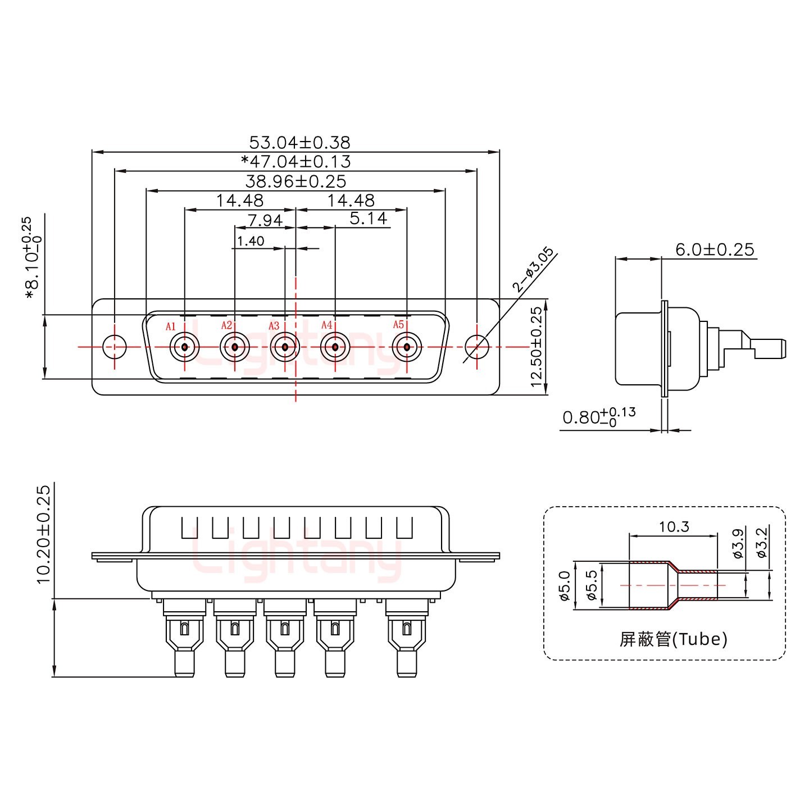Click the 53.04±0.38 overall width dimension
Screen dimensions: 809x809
click(x=299, y=142)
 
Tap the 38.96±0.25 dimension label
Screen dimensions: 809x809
click(x=296, y=181)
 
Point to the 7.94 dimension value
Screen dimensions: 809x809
click(x=265, y=220)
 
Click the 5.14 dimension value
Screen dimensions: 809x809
click(x=369, y=219)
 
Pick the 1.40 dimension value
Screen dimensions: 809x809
click(x=251, y=241)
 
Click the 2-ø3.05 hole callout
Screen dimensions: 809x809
click(x=533, y=270)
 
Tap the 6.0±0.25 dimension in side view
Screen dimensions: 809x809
click(x=714, y=249)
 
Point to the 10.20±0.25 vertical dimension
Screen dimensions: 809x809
click(x=44, y=533)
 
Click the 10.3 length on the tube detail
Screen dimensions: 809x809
click(x=674, y=527)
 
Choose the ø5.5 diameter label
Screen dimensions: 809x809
click(x=590, y=585)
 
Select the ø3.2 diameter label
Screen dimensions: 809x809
click(x=761, y=542)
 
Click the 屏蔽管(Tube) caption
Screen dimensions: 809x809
click(x=673, y=639)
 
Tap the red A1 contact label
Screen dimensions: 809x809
click(x=171, y=326)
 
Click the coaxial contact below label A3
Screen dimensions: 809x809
click(x=285, y=347)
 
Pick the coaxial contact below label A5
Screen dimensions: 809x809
click(x=406, y=347)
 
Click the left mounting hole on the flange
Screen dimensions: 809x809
click(x=115, y=347)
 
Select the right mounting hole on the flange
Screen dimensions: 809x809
click(x=477, y=347)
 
